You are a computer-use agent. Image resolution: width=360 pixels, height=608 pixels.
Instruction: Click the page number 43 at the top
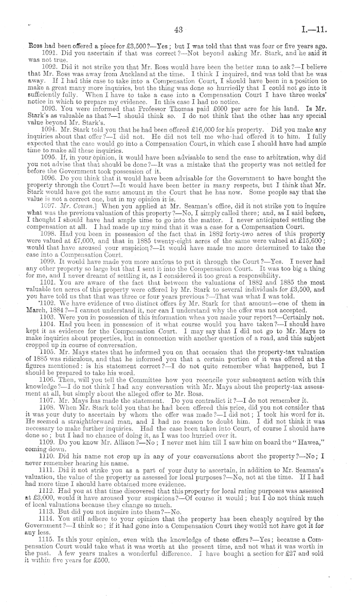pyautogui.click(x=179, y=31)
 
